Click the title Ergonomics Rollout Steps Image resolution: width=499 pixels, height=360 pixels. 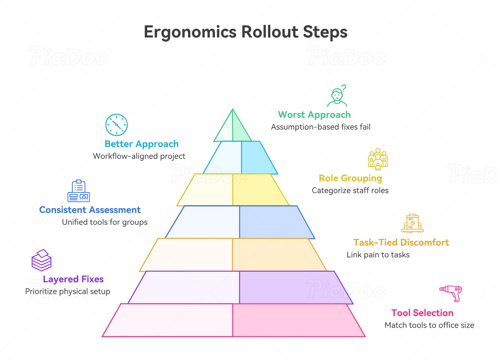click(x=245, y=32)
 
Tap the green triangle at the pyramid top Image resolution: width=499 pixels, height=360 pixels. click(x=232, y=128)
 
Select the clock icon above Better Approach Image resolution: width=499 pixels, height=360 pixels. click(x=116, y=124)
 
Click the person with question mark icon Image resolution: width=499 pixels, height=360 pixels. click(x=337, y=96)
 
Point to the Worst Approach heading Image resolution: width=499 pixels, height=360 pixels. click(x=314, y=115)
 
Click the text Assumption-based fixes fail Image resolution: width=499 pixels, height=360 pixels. click(x=320, y=127)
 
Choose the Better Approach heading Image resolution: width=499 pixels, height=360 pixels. click(x=141, y=144)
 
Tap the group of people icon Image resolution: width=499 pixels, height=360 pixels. click(x=378, y=159)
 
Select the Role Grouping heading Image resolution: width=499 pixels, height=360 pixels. click(x=350, y=178)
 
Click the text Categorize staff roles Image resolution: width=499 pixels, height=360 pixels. click(x=350, y=190)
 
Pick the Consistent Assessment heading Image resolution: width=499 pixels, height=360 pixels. click(x=90, y=210)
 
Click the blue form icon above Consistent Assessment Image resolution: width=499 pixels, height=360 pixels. click(x=79, y=191)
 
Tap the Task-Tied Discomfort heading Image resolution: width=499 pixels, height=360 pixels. click(x=401, y=242)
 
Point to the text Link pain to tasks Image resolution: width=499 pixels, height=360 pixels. click(x=378, y=254)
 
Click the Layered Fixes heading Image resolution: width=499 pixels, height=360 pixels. click(x=73, y=279)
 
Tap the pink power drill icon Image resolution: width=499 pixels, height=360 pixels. click(x=450, y=293)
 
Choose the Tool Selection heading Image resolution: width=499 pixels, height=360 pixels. click(x=422, y=313)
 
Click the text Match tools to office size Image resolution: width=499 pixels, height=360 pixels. click(x=429, y=325)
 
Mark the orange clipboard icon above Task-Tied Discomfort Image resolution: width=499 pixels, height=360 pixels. click(x=412, y=223)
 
